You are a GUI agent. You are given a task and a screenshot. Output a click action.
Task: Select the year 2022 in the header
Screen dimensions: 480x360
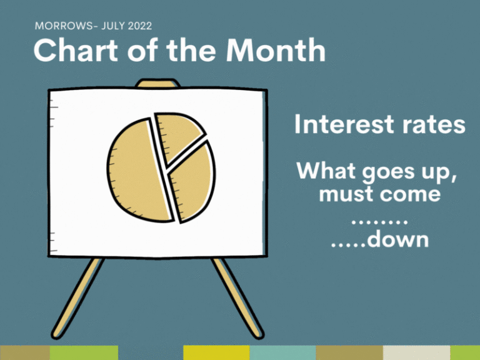click(140, 26)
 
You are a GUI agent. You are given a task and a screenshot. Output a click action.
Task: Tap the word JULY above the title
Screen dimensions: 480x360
click(113, 26)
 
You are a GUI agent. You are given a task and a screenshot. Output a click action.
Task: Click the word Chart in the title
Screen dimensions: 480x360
click(76, 50)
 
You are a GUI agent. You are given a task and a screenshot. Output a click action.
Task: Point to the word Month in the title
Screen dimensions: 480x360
click(276, 50)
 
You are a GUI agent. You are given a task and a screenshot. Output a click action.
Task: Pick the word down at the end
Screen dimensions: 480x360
click(398, 239)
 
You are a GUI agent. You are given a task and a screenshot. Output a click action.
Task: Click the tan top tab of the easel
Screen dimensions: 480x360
click(158, 83)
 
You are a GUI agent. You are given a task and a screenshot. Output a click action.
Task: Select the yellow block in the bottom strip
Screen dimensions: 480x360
click(216, 352)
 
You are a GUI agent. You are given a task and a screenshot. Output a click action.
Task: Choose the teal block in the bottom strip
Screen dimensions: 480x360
click(283, 352)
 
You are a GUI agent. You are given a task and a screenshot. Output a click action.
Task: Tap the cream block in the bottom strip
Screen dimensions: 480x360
click(417, 352)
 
